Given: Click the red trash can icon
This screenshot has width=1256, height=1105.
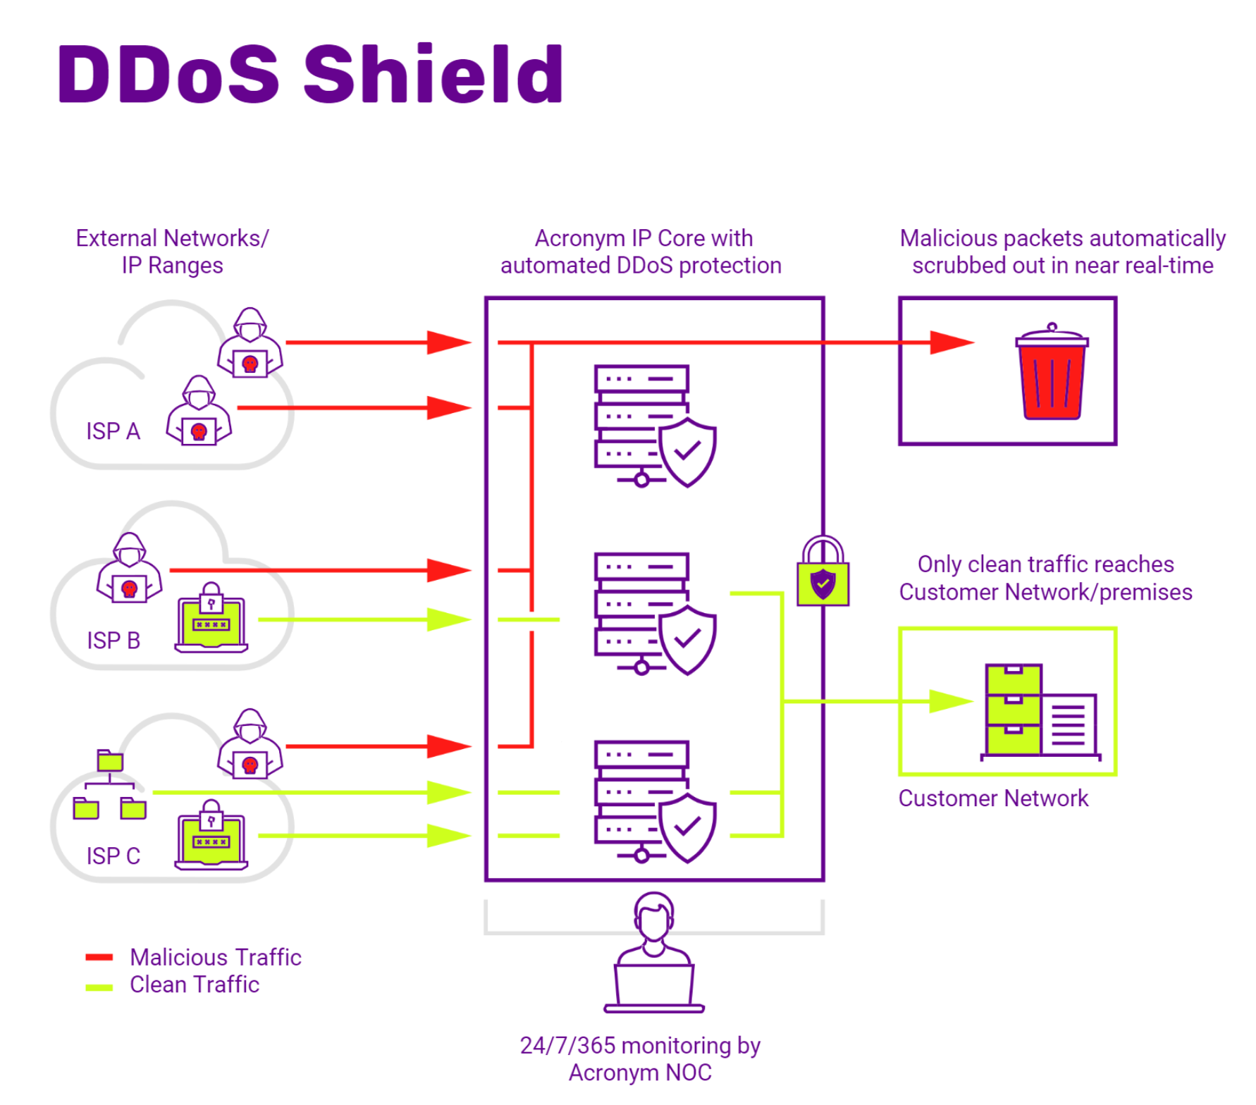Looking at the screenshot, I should pos(1052,374).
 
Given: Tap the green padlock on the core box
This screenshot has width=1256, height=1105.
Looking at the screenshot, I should pos(823,572).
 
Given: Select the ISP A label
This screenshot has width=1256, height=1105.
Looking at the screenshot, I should pos(113,431).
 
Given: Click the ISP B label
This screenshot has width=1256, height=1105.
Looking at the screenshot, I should pos(113,640).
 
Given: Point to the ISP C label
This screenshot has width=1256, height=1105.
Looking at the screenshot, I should pos(113,856).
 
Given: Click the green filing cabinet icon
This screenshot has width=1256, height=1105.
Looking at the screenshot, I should pos(1014,710).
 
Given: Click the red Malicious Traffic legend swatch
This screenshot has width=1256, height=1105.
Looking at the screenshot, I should pos(99,957).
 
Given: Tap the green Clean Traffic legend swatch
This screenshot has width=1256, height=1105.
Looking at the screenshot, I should pos(99,987).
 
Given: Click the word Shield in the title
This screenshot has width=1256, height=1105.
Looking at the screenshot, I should pos(433,74).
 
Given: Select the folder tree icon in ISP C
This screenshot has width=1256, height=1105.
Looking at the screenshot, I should pos(109,784).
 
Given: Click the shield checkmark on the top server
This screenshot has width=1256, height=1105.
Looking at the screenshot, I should pos(687,451).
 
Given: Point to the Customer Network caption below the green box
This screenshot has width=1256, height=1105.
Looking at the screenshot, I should pos(992,798).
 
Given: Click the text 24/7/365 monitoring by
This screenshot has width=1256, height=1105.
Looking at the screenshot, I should pos(640,1045).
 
